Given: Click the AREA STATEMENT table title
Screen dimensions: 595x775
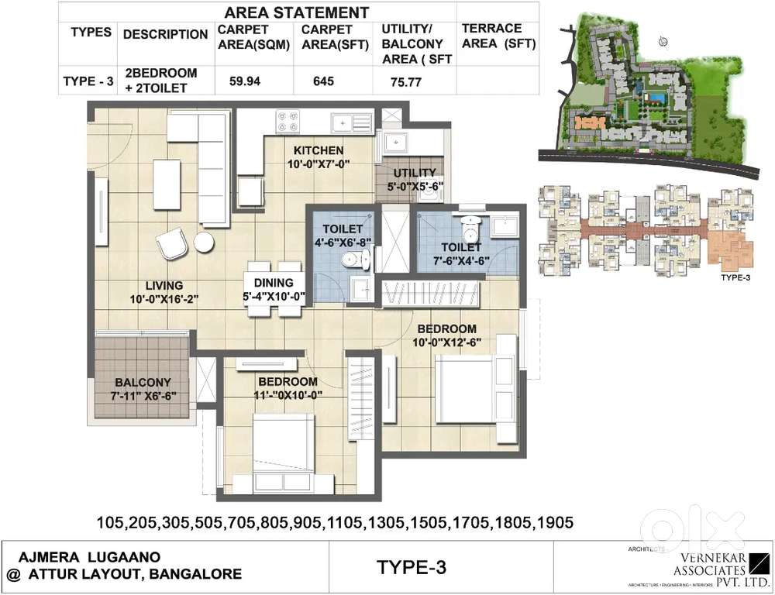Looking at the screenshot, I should click(296, 12).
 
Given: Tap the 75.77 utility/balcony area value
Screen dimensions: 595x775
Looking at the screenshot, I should click(401, 83).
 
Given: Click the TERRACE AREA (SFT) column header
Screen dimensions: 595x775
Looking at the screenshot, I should click(498, 36).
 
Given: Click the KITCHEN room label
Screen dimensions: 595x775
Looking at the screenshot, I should click(318, 150).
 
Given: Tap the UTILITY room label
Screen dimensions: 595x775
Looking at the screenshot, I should click(415, 173).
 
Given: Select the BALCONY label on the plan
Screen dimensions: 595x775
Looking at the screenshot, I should click(143, 383).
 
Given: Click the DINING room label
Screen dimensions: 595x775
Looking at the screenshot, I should click(273, 283).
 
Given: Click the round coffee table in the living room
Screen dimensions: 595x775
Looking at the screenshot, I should click(204, 242).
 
